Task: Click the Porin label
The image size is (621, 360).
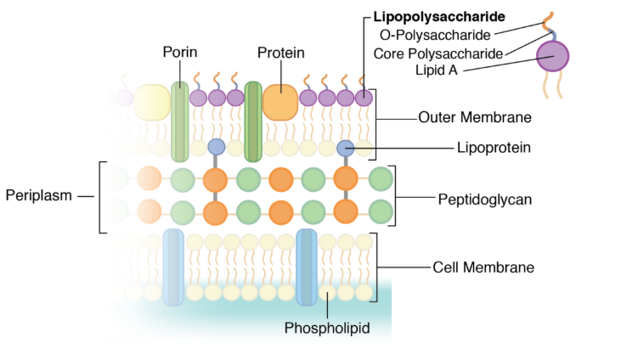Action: pos(180,53)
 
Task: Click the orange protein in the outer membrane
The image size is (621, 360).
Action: pos(279,101)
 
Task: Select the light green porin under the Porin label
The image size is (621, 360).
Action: pos(179,121)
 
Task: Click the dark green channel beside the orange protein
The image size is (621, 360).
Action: pos(252,121)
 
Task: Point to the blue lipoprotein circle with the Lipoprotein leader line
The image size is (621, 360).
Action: pos(345,148)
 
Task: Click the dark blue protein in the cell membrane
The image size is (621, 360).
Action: pos(308,267)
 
